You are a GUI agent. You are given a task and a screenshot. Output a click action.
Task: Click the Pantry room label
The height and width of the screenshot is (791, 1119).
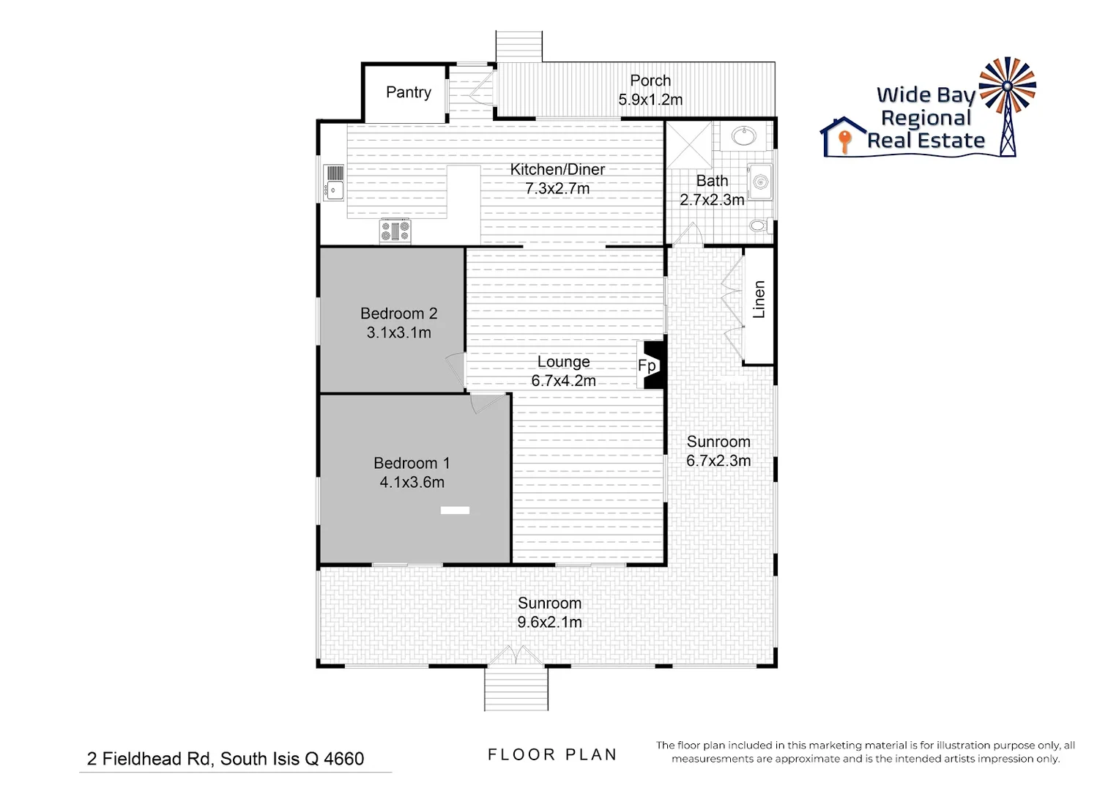(x=408, y=92)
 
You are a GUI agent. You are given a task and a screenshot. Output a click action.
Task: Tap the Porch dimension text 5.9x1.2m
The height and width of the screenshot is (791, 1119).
(x=650, y=100)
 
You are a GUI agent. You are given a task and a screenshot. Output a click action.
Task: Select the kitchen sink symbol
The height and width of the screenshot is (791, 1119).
(x=334, y=182)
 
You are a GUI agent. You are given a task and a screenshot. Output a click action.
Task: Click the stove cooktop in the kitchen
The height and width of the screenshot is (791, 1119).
(x=395, y=231)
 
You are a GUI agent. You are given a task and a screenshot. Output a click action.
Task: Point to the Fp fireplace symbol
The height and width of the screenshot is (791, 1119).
(x=649, y=365)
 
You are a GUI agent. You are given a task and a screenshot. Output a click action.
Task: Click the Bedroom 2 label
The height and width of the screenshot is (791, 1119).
(x=398, y=313)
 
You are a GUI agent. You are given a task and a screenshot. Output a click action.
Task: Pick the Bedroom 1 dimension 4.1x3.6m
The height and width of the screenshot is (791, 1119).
(x=412, y=482)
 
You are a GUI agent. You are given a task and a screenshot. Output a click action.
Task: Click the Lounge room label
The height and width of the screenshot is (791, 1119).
(x=563, y=362)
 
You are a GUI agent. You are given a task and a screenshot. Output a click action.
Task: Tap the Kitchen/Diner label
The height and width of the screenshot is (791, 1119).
(x=557, y=169)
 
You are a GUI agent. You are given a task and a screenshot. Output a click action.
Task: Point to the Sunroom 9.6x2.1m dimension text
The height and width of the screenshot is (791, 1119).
(x=549, y=623)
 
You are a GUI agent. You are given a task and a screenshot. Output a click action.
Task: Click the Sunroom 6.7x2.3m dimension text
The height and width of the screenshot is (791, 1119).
(x=718, y=461)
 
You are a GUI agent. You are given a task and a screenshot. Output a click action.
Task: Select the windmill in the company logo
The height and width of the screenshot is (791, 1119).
(x=1008, y=103)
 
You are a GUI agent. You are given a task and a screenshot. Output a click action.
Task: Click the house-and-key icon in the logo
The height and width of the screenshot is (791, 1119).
(x=844, y=137)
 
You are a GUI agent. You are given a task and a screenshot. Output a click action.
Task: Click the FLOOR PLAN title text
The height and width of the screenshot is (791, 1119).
(x=552, y=754)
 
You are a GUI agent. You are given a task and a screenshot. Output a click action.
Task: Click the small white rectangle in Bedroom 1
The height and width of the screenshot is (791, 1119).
(x=455, y=510)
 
